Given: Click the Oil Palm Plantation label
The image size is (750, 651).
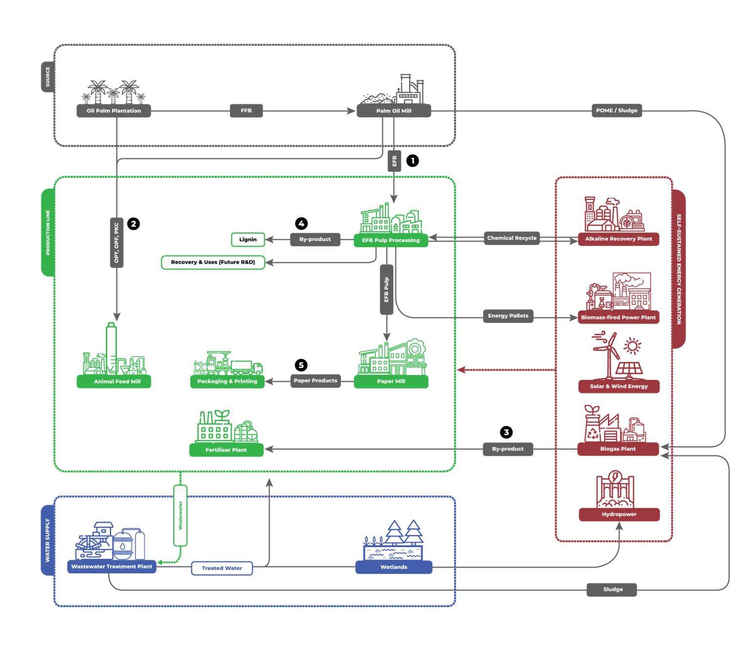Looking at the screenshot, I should pyautogui.click(x=114, y=111).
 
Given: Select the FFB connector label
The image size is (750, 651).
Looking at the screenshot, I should pyautogui.click(x=246, y=111).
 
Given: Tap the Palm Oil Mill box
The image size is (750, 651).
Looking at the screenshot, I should pyautogui.click(x=394, y=111).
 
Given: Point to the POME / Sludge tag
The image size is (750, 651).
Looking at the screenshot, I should pyautogui.click(x=616, y=110).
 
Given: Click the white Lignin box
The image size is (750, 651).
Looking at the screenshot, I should pyautogui.click(x=248, y=239).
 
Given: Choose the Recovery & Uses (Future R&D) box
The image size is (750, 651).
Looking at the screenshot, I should pyautogui.click(x=213, y=262).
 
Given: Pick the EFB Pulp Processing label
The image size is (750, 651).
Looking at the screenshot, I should pyautogui.click(x=391, y=240).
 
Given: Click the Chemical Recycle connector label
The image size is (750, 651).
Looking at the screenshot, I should pyautogui.click(x=512, y=238).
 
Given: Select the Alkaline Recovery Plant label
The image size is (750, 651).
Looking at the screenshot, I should pyautogui.click(x=619, y=239).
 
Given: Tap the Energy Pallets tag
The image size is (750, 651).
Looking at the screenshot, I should pyautogui.click(x=508, y=316).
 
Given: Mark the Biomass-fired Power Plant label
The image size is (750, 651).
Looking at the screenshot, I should pyautogui.click(x=618, y=317).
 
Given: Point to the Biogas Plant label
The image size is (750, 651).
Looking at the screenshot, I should pyautogui.click(x=618, y=449).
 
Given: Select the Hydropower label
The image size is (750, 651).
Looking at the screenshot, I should pyautogui.click(x=619, y=514).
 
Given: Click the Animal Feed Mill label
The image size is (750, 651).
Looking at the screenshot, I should pyautogui.click(x=117, y=381).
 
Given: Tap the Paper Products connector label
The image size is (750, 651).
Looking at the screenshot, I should pyautogui.click(x=315, y=380).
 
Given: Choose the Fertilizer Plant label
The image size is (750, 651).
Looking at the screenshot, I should pyautogui.click(x=226, y=450).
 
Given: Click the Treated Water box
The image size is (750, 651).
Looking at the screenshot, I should pyautogui.click(x=222, y=568).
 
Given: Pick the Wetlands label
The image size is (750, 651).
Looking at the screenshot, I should pyautogui.click(x=394, y=567).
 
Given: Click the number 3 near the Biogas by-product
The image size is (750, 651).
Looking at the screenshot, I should pyautogui.click(x=506, y=432).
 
